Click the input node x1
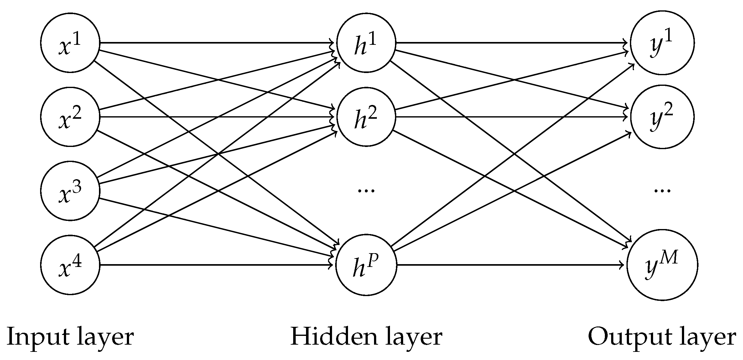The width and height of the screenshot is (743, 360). coord(70,43)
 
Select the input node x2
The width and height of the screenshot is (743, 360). coord(70,117)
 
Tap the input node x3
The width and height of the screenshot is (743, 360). coord(70,191)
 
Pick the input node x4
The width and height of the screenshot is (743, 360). coord(70,265)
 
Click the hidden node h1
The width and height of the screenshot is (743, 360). coord(366,43)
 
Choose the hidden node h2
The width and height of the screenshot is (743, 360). coord(366,117)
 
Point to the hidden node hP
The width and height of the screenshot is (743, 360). coord(366,265)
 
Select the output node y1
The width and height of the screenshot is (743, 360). coord(662,43)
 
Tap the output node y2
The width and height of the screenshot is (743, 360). coord(662,117)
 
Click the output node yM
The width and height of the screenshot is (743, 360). coord(662,265)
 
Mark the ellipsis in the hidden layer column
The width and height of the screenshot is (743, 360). coord(366,190)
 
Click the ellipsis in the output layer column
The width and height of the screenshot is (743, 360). coord(662,190)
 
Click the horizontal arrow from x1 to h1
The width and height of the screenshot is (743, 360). coord(216,43)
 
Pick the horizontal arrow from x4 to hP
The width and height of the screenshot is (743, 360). coord(216,265)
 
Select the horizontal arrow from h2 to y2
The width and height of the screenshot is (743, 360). coord(512,117)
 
